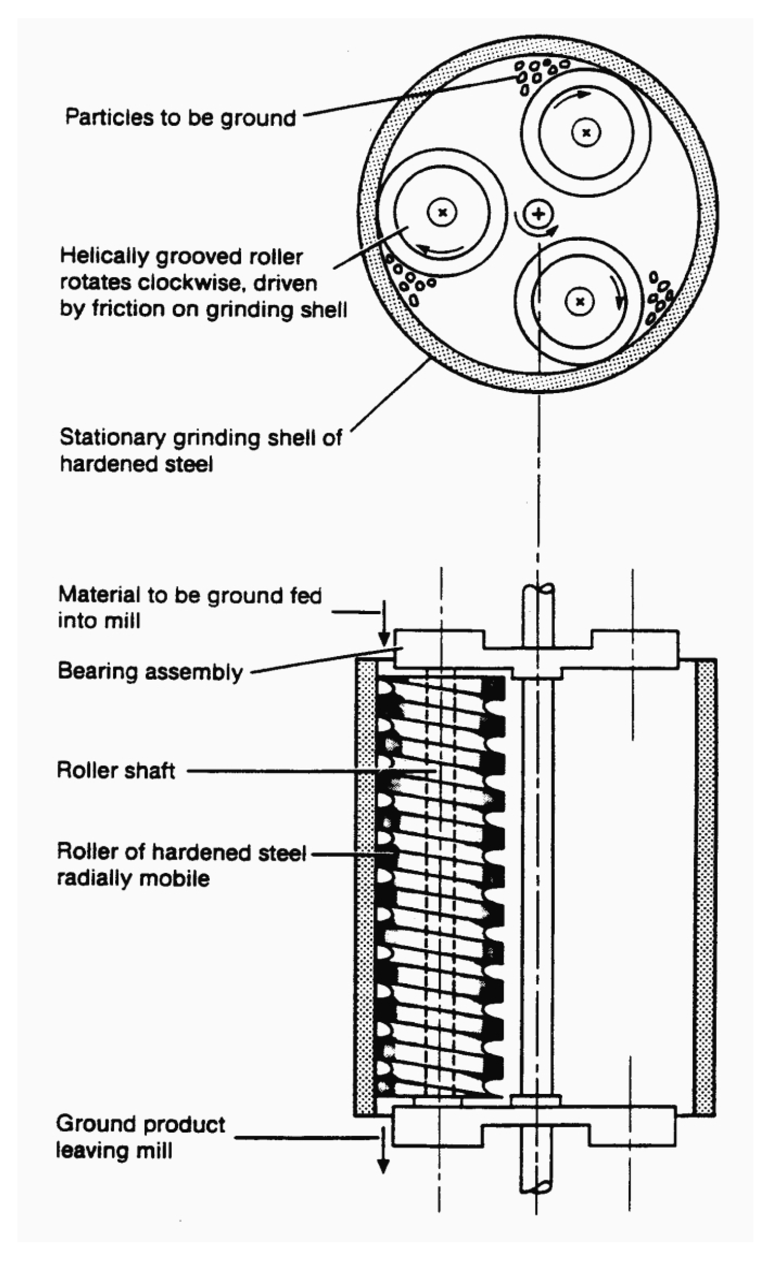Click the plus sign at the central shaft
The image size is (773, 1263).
pyautogui.click(x=538, y=214)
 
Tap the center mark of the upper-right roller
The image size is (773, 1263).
pyautogui.click(x=586, y=133)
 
